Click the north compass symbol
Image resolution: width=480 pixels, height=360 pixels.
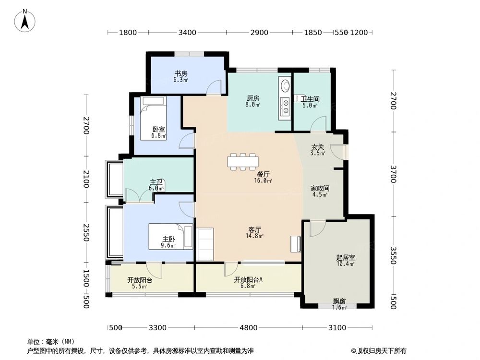point(25,21)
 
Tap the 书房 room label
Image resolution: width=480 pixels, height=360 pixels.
point(180,74)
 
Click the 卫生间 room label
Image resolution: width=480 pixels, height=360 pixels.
point(310,99)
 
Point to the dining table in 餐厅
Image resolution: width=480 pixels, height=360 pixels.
point(243,161)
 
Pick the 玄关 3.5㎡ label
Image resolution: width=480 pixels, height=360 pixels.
point(318,150)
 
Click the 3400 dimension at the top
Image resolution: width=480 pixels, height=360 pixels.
point(187,33)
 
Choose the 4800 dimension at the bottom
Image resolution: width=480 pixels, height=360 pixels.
point(248,327)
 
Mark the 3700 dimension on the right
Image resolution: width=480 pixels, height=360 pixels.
point(394,173)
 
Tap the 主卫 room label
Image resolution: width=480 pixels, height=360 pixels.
point(156,182)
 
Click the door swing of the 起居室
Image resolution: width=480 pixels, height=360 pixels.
point(317,229)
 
